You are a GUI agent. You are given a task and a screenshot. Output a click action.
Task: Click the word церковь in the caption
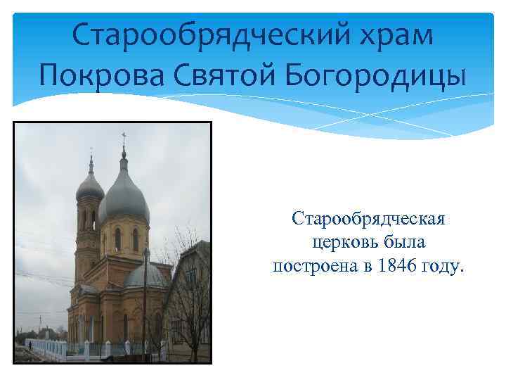tap(343, 243)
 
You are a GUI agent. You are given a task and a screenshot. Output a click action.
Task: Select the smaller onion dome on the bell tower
tap(90, 187)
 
